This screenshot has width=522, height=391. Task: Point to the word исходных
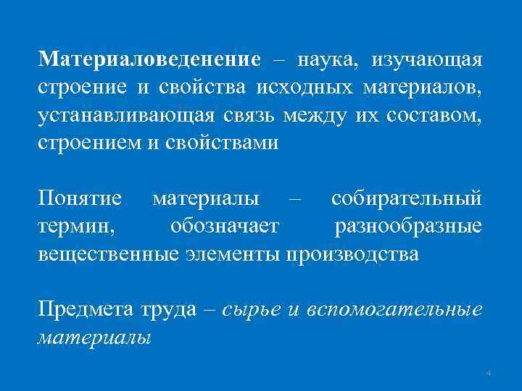tap(304, 88)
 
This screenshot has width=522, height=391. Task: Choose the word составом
tap(435, 116)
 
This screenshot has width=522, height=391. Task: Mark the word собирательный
tap(406, 198)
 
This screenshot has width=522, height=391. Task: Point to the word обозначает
tap(224, 227)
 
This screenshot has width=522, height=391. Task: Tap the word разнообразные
tap(408, 227)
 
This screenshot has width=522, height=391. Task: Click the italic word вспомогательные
tap(395, 309)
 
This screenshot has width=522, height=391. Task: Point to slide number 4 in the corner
tap(489, 373)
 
